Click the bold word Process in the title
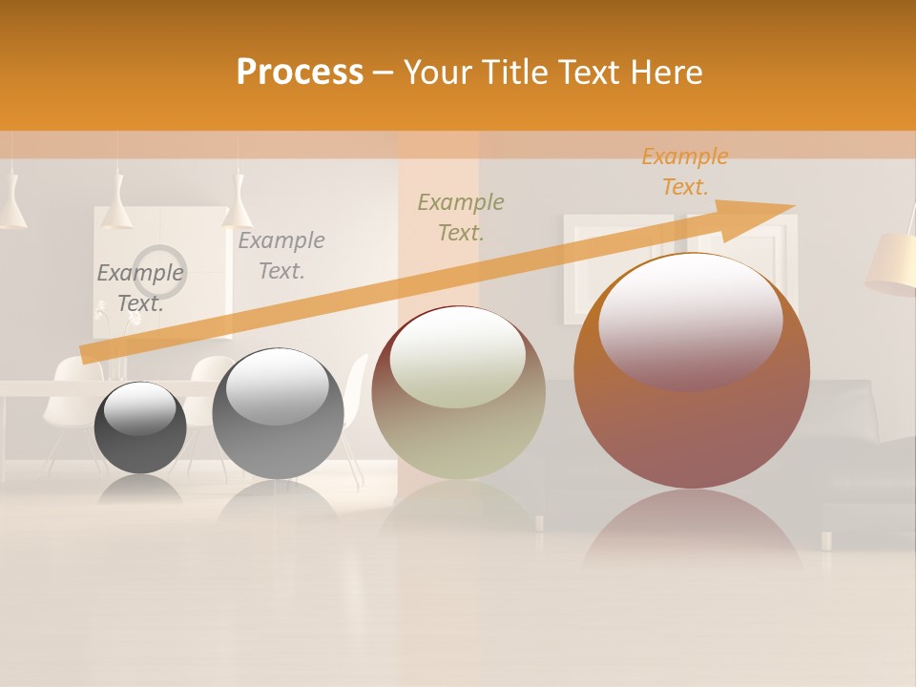[300, 73]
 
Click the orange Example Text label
[684, 172]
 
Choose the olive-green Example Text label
[461, 217]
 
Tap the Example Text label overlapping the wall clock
[140, 287]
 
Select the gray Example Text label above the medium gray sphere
[281, 256]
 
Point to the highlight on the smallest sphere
[139, 407]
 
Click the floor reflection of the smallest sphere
[140, 488]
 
